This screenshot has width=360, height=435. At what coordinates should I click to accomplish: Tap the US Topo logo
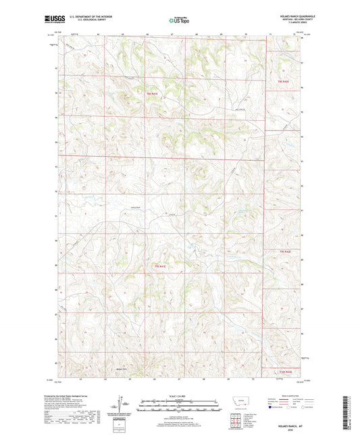click(178, 21)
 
